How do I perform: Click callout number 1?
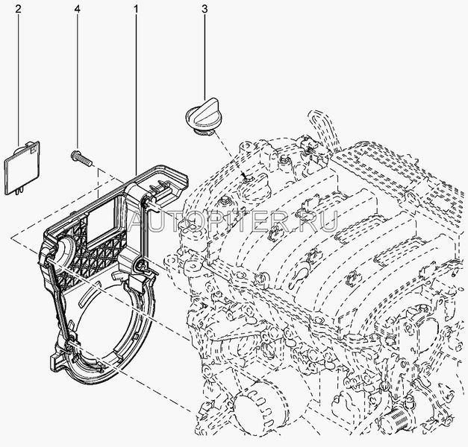click(x=136, y=9)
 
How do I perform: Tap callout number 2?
click(x=18, y=9)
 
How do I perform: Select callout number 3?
click(x=205, y=9)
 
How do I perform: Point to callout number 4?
click(x=78, y=9)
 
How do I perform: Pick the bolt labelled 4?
click(x=81, y=158)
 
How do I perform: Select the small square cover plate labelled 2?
click(x=22, y=168)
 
